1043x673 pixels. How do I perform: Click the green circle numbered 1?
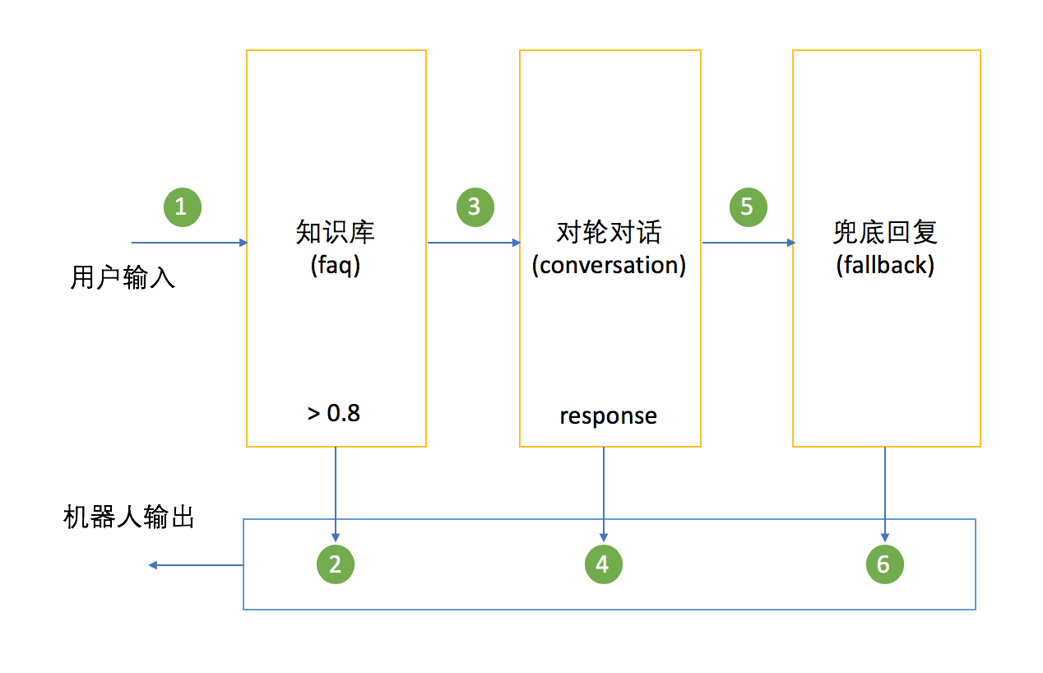coord(182,207)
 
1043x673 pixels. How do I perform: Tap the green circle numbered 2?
coord(336,564)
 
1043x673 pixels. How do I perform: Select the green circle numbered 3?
coord(475,207)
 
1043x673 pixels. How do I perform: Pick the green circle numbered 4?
coord(604,564)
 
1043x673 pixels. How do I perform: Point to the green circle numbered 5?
coord(748,207)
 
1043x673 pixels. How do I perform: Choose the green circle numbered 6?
coord(884,564)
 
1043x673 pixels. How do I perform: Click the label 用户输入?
coord(123,278)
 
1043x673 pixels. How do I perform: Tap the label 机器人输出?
coord(129,518)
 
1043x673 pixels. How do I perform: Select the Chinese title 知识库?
coord(336,233)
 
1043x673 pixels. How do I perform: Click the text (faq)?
coord(336,265)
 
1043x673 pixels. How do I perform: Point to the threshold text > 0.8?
coord(334,413)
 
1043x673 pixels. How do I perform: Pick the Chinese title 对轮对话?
coord(609,233)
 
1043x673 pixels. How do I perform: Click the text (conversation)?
coord(609,265)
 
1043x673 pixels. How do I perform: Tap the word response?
coord(609,416)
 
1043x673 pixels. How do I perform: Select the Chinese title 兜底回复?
coord(885,233)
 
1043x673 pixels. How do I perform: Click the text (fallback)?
coord(885,266)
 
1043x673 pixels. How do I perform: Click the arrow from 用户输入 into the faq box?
coord(189,243)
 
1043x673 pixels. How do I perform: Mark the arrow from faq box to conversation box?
coord(474,243)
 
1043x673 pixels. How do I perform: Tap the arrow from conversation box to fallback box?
coord(748,243)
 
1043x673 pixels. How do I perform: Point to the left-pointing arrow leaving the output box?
coord(196,565)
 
